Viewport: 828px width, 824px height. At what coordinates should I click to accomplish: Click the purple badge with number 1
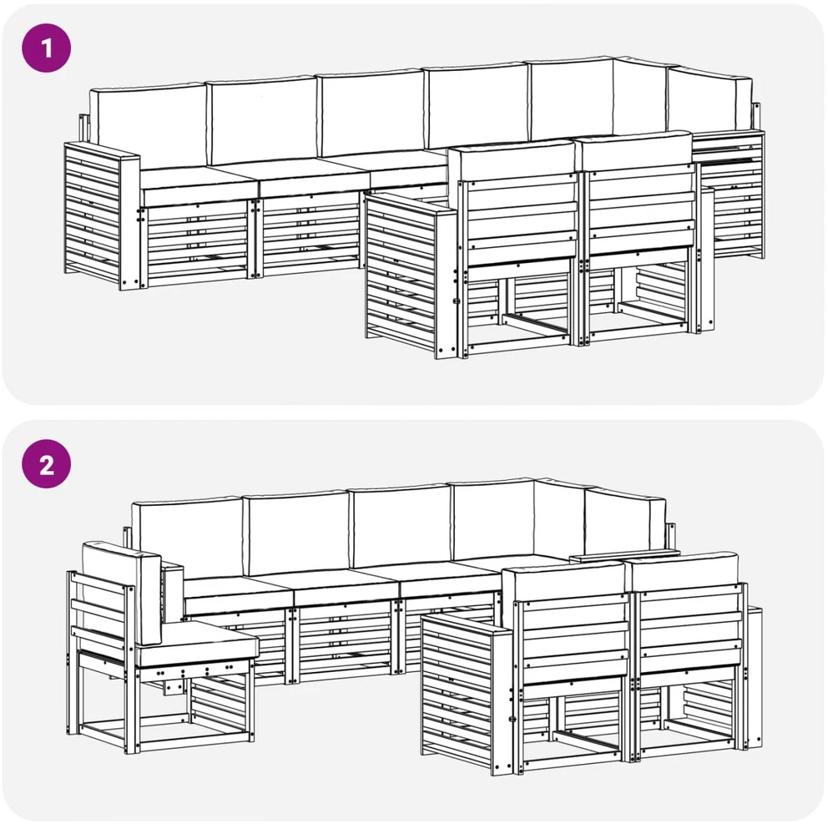46,48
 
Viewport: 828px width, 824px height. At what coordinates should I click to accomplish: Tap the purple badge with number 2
46,463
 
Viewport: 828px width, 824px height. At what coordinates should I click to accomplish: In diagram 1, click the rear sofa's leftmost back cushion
148,126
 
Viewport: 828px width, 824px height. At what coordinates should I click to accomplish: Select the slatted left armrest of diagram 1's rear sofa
101,215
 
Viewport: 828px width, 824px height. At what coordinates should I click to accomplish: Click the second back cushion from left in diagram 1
262,119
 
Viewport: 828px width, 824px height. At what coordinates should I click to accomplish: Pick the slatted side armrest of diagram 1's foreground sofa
411,275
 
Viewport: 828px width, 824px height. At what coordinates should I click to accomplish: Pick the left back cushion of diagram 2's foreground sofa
563,579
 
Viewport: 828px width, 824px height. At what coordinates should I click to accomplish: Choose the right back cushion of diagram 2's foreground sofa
683,569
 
